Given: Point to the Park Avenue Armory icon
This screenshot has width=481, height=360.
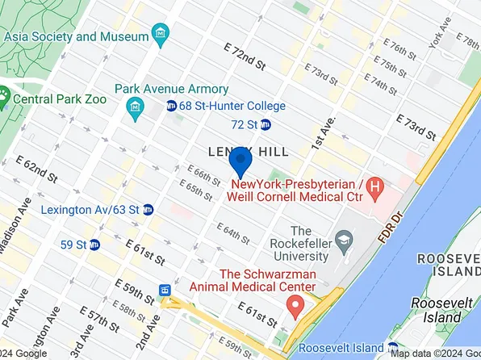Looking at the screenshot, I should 136,106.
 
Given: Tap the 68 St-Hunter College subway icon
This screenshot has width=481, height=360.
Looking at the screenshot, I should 172,106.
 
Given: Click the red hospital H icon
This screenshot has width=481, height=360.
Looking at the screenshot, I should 373,190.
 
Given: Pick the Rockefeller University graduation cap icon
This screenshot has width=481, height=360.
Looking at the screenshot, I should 345,241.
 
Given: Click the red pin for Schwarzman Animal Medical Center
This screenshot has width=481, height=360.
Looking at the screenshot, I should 295,306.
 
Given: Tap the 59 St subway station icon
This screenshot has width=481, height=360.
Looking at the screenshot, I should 94,244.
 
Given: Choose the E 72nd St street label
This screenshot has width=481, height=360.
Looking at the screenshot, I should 245,55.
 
